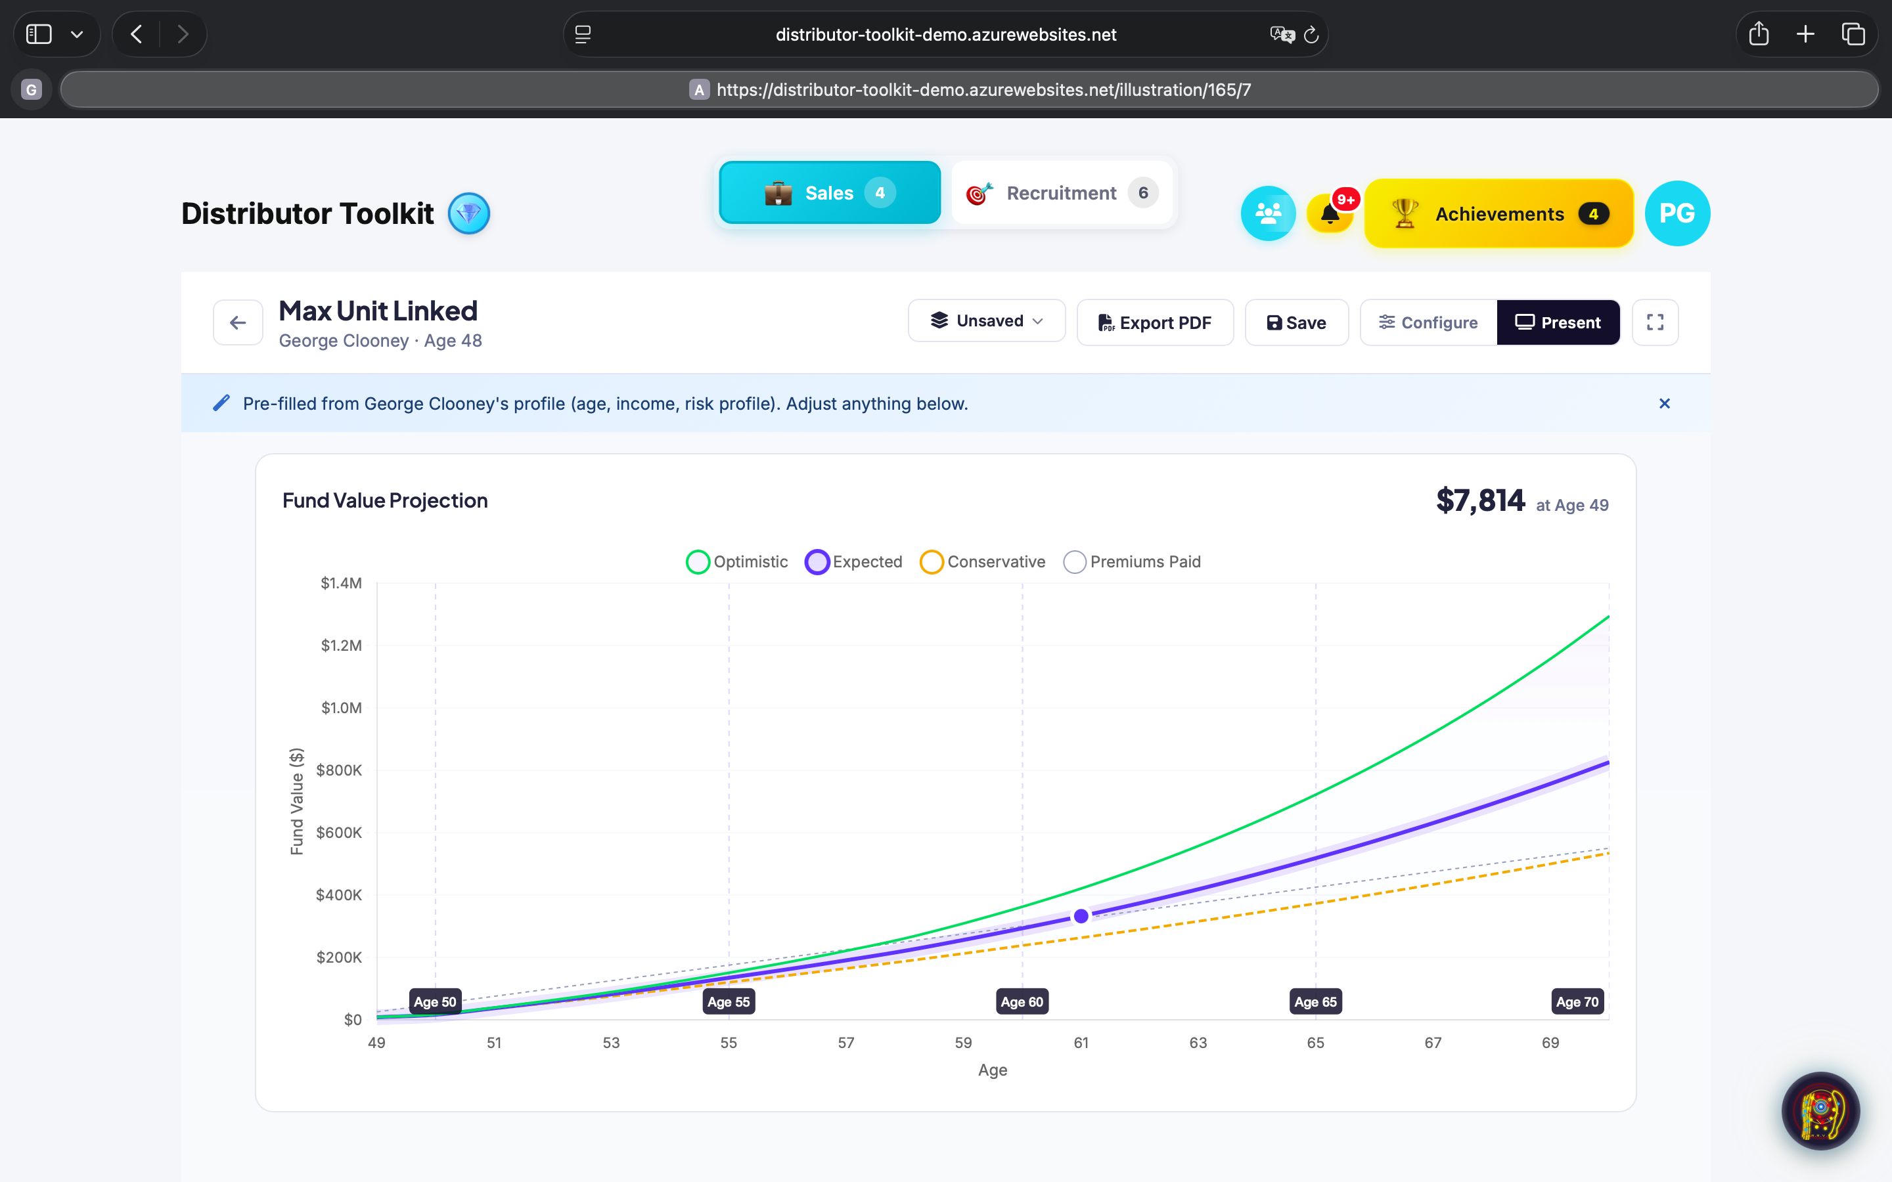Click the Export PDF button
(1155, 322)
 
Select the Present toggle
(1558, 322)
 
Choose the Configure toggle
(1428, 322)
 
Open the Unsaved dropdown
(986, 320)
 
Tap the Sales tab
(830, 192)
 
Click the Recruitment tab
(1061, 192)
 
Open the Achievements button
(1498, 213)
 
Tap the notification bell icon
(1330, 213)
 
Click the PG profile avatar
(1677, 213)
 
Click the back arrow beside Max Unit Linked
(238, 322)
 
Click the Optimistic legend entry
(737, 561)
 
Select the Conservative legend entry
(983, 561)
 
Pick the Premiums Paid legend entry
(1132, 561)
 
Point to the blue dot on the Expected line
(1081, 915)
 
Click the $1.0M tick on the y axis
(342, 707)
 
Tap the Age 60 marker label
(1021, 1001)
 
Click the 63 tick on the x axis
(1198, 1042)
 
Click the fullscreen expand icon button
(1655, 322)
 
